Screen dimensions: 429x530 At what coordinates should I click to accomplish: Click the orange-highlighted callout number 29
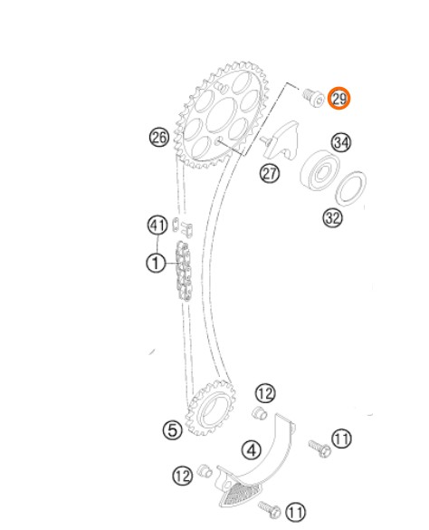click(339, 99)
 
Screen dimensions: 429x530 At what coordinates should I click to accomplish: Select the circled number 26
click(159, 137)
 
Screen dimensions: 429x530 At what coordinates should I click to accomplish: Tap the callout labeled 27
click(270, 174)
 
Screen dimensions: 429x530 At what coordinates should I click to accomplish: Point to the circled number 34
click(341, 143)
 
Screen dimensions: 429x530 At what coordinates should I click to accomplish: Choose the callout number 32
click(333, 217)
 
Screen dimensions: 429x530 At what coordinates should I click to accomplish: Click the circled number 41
click(157, 225)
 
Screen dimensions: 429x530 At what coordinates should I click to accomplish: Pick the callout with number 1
click(156, 263)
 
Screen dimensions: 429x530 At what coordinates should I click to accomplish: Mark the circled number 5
click(173, 430)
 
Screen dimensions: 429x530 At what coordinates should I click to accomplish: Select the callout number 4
click(252, 450)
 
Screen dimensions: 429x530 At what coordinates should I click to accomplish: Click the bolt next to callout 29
click(313, 97)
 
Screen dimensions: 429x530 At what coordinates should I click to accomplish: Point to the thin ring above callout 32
click(352, 188)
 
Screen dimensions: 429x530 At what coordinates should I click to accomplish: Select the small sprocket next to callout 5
click(211, 409)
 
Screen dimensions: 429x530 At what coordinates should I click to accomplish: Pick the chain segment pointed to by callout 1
click(184, 270)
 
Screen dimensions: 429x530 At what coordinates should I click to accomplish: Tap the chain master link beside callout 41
click(183, 227)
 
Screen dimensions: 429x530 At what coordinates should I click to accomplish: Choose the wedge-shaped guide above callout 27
click(281, 140)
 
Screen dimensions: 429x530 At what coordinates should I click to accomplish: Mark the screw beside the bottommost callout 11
click(270, 510)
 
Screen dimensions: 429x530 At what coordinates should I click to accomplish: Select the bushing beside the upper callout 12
click(260, 413)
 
